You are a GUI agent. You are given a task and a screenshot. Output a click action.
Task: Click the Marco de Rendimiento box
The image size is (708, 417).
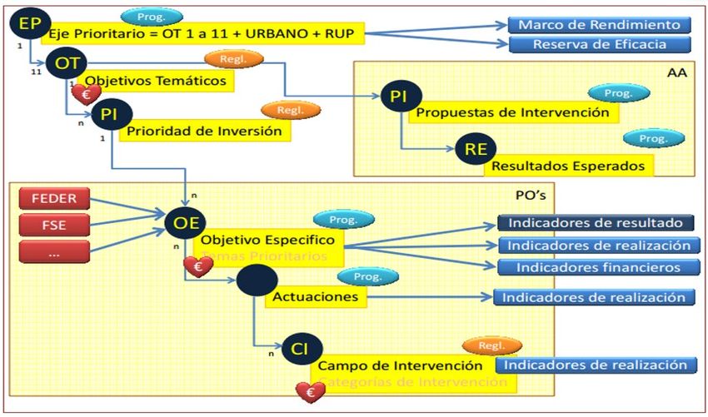click(599, 25)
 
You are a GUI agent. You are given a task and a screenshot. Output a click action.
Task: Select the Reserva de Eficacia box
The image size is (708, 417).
click(599, 44)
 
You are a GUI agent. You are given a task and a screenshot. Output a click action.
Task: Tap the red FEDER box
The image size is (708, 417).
click(53, 199)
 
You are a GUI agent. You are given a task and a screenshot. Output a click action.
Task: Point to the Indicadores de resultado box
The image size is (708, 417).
click(596, 223)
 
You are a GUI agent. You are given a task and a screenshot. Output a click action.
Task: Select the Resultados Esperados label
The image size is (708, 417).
click(568, 166)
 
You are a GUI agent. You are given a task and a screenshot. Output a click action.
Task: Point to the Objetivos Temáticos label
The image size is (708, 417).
click(157, 82)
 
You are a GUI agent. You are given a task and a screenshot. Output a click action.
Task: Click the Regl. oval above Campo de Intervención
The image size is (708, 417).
click(491, 345)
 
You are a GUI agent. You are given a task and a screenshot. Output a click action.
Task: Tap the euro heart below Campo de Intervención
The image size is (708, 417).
click(311, 390)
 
